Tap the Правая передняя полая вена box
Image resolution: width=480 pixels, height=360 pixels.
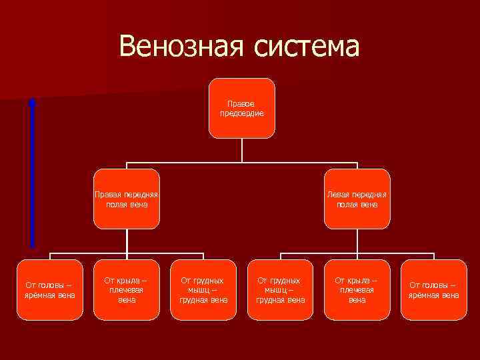pos(127,199)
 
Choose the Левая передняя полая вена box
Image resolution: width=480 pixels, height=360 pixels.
pos(357,199)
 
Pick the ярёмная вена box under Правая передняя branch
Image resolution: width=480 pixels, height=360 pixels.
pos(50,290)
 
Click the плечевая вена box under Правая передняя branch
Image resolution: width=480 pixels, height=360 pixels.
pos(127,290)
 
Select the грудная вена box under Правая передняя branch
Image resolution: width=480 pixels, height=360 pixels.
pos(203,290)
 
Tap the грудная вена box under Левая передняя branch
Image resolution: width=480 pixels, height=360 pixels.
pos(280,290)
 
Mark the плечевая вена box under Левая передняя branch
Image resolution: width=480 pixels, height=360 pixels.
pos(357,290)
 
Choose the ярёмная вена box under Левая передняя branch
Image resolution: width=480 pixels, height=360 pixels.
pos(434,290)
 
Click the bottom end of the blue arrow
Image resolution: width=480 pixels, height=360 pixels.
pos(32,245)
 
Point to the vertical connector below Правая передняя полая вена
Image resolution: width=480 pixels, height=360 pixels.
pos(127,241)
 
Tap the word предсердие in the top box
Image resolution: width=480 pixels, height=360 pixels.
pos(241,113)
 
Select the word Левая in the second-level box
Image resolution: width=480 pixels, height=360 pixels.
pos(339,195)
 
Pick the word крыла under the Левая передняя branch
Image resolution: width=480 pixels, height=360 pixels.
pos(358,281)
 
